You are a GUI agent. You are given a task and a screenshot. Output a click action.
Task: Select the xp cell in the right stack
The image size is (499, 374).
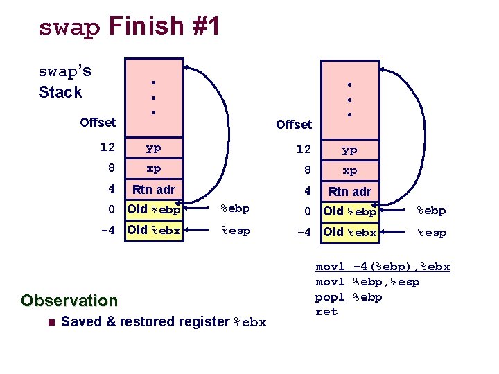tap(350, 170)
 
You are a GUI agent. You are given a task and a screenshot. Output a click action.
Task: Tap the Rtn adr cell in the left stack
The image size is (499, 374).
tap(153, 189)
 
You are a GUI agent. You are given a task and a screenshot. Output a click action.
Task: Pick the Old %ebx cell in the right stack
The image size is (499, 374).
tap(350, 233)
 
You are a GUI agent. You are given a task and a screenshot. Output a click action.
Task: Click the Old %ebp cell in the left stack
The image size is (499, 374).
tap(153, 209)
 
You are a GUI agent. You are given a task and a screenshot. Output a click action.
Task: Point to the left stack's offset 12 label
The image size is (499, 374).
tap(107, 147)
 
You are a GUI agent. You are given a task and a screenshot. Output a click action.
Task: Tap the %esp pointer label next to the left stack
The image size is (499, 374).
tap(235, 230)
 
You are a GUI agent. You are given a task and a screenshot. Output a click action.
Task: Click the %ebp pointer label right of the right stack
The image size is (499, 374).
tap(430, 211)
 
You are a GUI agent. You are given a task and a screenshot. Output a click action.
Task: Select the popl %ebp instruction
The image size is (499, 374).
tap(349, 297)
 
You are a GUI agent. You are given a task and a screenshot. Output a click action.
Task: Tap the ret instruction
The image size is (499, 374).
tap(326, 312)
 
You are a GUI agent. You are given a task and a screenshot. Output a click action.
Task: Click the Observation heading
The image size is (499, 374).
tap(69, 301)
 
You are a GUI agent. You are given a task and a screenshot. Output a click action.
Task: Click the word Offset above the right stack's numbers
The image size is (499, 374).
tap(294, 125)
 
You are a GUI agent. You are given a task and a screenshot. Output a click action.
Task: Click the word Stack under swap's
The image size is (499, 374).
tap(60, 92)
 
